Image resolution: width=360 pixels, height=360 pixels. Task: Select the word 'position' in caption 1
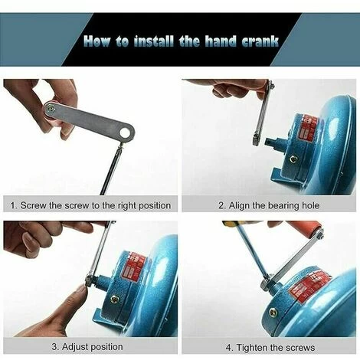155,206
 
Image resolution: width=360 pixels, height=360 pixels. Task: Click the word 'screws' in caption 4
300,348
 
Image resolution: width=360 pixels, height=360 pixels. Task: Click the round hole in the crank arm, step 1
126,133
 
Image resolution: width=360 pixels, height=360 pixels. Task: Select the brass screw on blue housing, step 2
293,159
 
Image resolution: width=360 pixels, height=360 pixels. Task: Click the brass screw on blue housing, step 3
114,299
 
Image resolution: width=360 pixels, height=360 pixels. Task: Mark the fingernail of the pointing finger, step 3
82,290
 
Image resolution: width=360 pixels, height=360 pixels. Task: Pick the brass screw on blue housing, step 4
273,313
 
